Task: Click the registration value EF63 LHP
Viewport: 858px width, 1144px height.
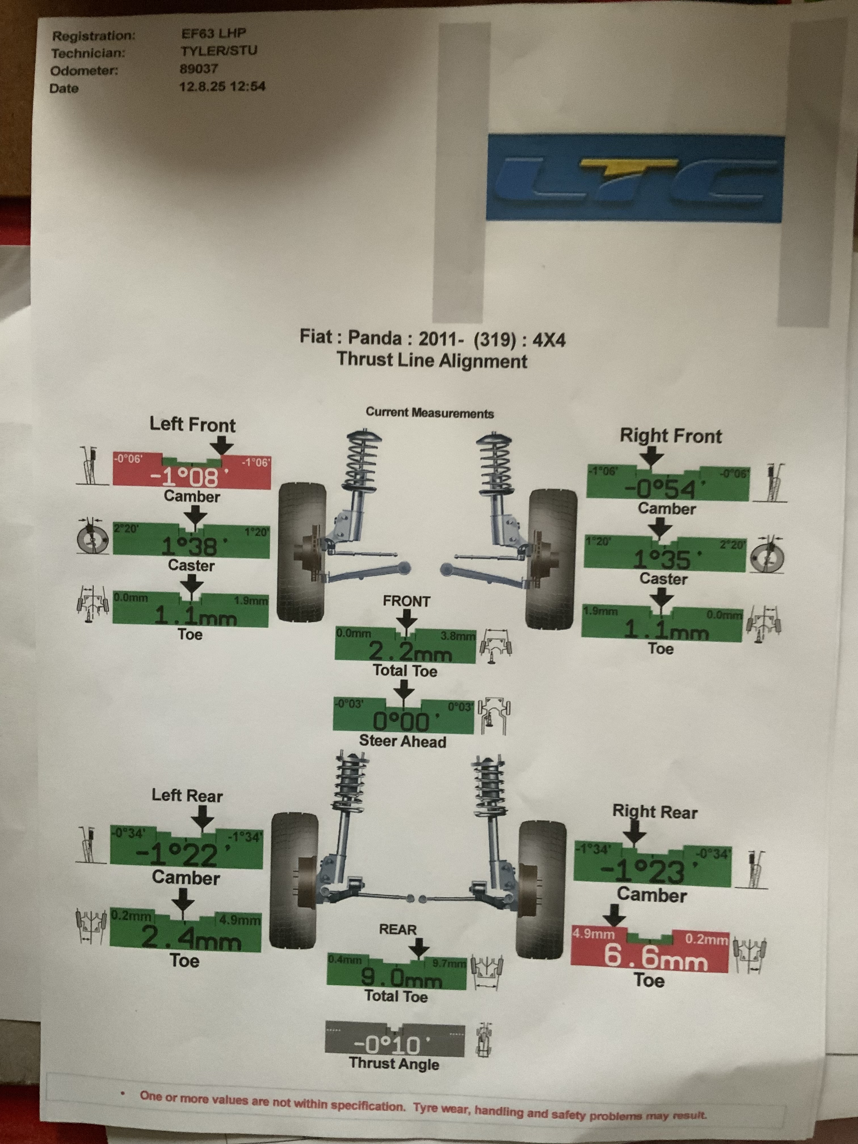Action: click(x=214, y=33)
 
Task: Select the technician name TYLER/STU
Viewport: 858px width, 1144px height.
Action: click(x=219, y=51)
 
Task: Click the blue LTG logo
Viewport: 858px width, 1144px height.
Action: click(x=635, y=178)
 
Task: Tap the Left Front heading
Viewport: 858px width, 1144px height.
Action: click(x=192, y=425)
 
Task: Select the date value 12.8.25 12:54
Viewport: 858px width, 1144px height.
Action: click(x=222, y=86)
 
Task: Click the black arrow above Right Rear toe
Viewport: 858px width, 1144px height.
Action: click(x=614, y=915)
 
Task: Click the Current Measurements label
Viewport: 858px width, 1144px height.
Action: click(x=430, y=413)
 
